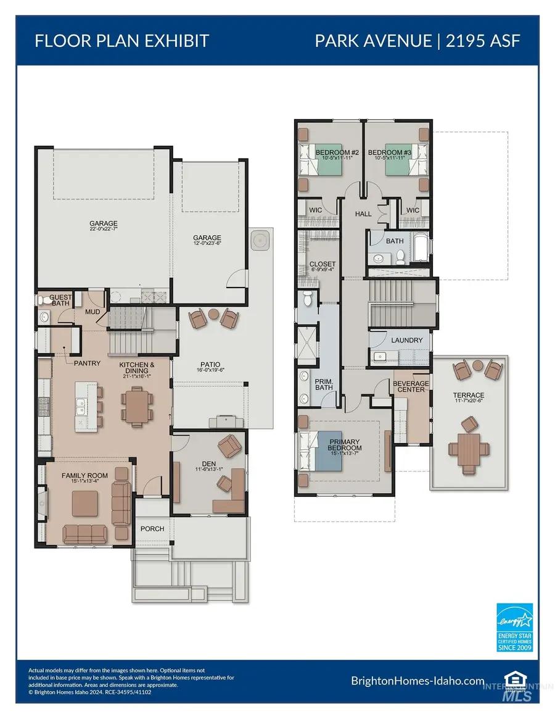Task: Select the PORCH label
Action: (x=152, y=529)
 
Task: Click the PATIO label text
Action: (x=210, y=365)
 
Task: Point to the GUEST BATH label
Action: (x=60, y=300)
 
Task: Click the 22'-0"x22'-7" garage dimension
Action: (x=103, y=230)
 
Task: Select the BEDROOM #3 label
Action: (x=385, y=152)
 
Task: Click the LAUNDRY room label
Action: (x=407, y=340)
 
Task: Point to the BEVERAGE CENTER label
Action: (x=411, y=386)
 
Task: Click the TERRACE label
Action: (x=469, y=395)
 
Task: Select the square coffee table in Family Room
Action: (x=84, y=503)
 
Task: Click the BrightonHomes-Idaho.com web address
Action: (x=417, y=681)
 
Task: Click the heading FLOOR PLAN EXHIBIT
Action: (x=122, y=41)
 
